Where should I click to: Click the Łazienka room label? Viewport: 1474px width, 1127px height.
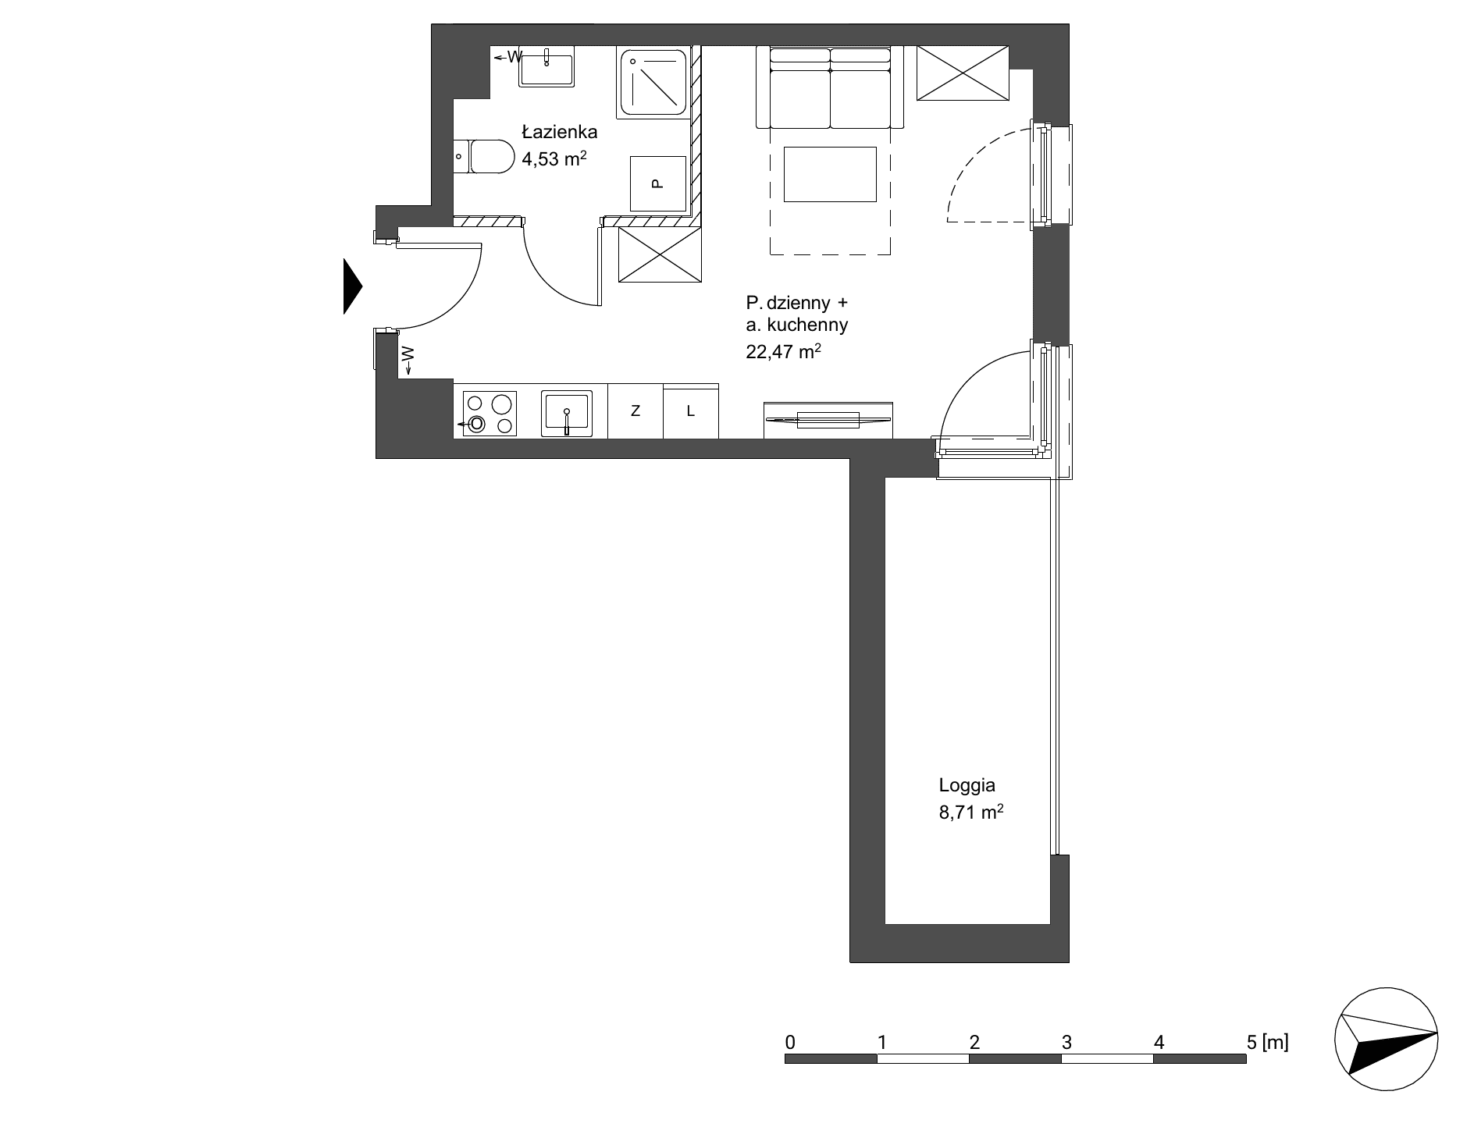tap(559, 132)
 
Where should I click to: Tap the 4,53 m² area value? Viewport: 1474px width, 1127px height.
tap(554, 159)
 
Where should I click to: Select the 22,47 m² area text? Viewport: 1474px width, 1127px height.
tap(783, 351)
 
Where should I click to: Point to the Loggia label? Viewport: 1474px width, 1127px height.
tap(967, 785)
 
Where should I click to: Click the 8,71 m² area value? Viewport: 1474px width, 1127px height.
tap(970, 812)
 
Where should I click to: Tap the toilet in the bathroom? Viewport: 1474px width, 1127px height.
tap(483, 157)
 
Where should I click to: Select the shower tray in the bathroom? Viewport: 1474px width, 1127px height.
tap(653, 83)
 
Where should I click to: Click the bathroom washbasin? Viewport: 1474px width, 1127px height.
tap(547, 66)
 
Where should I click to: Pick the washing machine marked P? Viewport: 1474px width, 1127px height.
tap(657, 183)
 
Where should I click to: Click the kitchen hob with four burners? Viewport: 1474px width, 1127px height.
tap(490, 413)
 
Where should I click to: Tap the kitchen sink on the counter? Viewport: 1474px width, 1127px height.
tap(567, 413)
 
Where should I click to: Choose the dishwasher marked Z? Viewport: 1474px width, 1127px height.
tap(636, 411)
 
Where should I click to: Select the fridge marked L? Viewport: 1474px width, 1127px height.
tap(691, 411)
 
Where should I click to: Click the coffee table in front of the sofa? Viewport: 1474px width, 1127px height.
tap(830, 174)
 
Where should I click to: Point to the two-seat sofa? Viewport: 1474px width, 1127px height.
tap(830, 87)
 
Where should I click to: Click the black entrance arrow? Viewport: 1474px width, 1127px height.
tap(353, 286)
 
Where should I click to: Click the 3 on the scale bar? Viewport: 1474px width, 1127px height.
tap(1066, 1041)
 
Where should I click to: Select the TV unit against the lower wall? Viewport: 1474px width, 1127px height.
tap(828, 420)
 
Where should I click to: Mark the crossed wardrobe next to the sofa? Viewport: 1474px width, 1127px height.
tap(963, 73)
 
